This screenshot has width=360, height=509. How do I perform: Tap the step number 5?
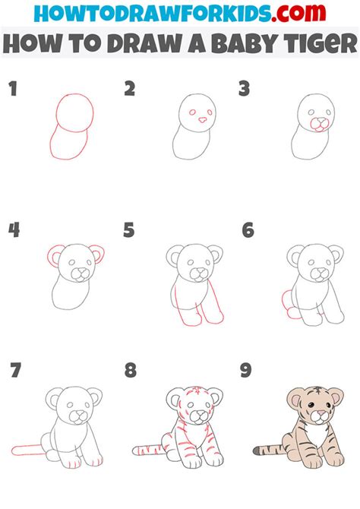tap(129, 229)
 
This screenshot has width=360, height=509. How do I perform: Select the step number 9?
tap(247, 371)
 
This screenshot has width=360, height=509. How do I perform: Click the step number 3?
tap(245, 89)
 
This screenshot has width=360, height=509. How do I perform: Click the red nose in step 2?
tap(201, 119)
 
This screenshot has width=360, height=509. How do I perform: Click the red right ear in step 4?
tap(98, 253)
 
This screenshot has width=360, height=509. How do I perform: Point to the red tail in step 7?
tap(29, 451)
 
